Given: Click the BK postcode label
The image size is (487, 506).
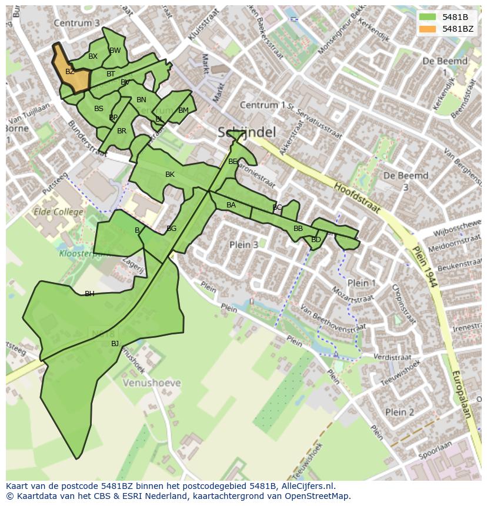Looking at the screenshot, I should [x=170, y=175].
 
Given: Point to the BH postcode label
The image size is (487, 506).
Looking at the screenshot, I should [x=89, y=294].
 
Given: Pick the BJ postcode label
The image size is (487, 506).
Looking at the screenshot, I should [x=115, y=344].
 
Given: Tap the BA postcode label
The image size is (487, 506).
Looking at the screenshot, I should [x=231, y=205].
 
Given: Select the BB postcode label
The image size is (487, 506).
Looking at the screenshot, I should [x=298, y=229].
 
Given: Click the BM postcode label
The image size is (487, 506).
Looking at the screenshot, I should [x=184, y=110].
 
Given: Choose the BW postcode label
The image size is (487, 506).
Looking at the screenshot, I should [x=115, y=51].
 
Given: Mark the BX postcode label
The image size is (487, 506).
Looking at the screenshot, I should [x=93, y=56].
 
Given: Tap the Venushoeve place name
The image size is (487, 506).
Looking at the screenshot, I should [x=152, y=383].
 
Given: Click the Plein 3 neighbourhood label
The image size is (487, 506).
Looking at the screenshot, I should [x=243, y=244].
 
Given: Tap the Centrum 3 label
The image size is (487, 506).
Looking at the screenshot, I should [x=76, y=23].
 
